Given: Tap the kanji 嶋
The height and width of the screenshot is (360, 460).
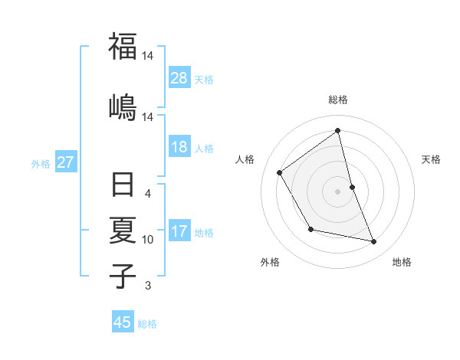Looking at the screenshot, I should (x=123, y=105).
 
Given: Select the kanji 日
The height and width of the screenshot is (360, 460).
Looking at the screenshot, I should (x=123, y=186).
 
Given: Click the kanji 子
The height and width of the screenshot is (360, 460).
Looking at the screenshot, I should (x=123, y=275).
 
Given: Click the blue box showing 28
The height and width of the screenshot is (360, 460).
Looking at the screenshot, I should (x=179, y=78).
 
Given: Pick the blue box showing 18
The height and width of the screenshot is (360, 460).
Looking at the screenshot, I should (x=179, y=148).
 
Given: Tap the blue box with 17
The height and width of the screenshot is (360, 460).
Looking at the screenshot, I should (x=179, y=232).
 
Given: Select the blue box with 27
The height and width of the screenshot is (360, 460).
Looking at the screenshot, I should (x=65, y=162).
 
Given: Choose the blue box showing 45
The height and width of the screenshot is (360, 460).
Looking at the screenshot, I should (x=123, y=322).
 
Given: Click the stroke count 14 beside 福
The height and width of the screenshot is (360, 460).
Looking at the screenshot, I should (x=148, y=56).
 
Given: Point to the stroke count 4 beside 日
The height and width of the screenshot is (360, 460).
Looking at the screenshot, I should (x=148, y=194).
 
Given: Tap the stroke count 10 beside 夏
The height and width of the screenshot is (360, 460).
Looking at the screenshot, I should (x=148, y=240).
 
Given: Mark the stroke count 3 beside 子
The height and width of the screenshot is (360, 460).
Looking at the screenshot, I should (x=148, y=286).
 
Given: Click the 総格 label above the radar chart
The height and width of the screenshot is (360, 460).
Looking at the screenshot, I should (x=338, y=100).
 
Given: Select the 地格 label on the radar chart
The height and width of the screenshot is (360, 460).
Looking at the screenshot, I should (x=402, y=263).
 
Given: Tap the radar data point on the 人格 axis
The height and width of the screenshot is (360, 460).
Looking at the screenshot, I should (x=280, y=172).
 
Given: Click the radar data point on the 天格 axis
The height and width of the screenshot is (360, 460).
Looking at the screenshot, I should (x=352, y=187).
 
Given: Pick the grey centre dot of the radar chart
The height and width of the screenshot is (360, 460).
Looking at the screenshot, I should (x=338, y=191).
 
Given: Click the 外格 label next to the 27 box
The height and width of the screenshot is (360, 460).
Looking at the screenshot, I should (x=41, y=163).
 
